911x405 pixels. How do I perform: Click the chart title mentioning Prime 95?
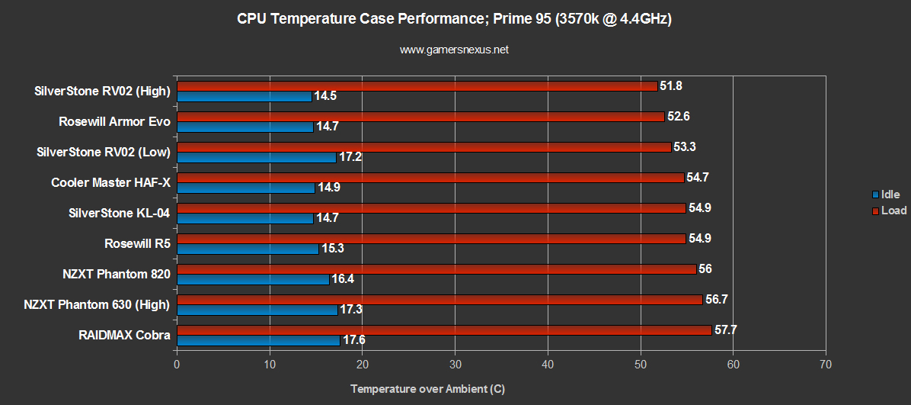coord(454,20)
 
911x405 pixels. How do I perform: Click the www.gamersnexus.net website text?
coord(454,50)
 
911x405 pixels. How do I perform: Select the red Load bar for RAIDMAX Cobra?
coord(444,330)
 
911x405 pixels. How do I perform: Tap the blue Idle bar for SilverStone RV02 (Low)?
coord(256,157)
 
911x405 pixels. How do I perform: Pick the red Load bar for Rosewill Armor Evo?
coord(420,117)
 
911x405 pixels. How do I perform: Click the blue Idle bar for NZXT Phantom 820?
coord(253,279)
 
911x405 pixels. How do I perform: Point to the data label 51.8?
coord(672,86)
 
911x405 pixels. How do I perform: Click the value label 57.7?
coord(726,330)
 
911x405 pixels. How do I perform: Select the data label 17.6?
coord(353,340)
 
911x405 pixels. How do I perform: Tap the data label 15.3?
coord(332,249)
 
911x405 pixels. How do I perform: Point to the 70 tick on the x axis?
coord(826,365)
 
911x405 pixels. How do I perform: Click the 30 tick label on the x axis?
coord(455,365)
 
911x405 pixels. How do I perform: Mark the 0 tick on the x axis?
coord(177,365)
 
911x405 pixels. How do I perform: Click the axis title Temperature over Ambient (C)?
coord(427,389)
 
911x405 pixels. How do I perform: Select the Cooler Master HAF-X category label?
coord(110,183)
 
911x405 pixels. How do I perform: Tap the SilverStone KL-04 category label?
coord(119,214)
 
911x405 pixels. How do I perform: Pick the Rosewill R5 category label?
coord(137,244)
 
